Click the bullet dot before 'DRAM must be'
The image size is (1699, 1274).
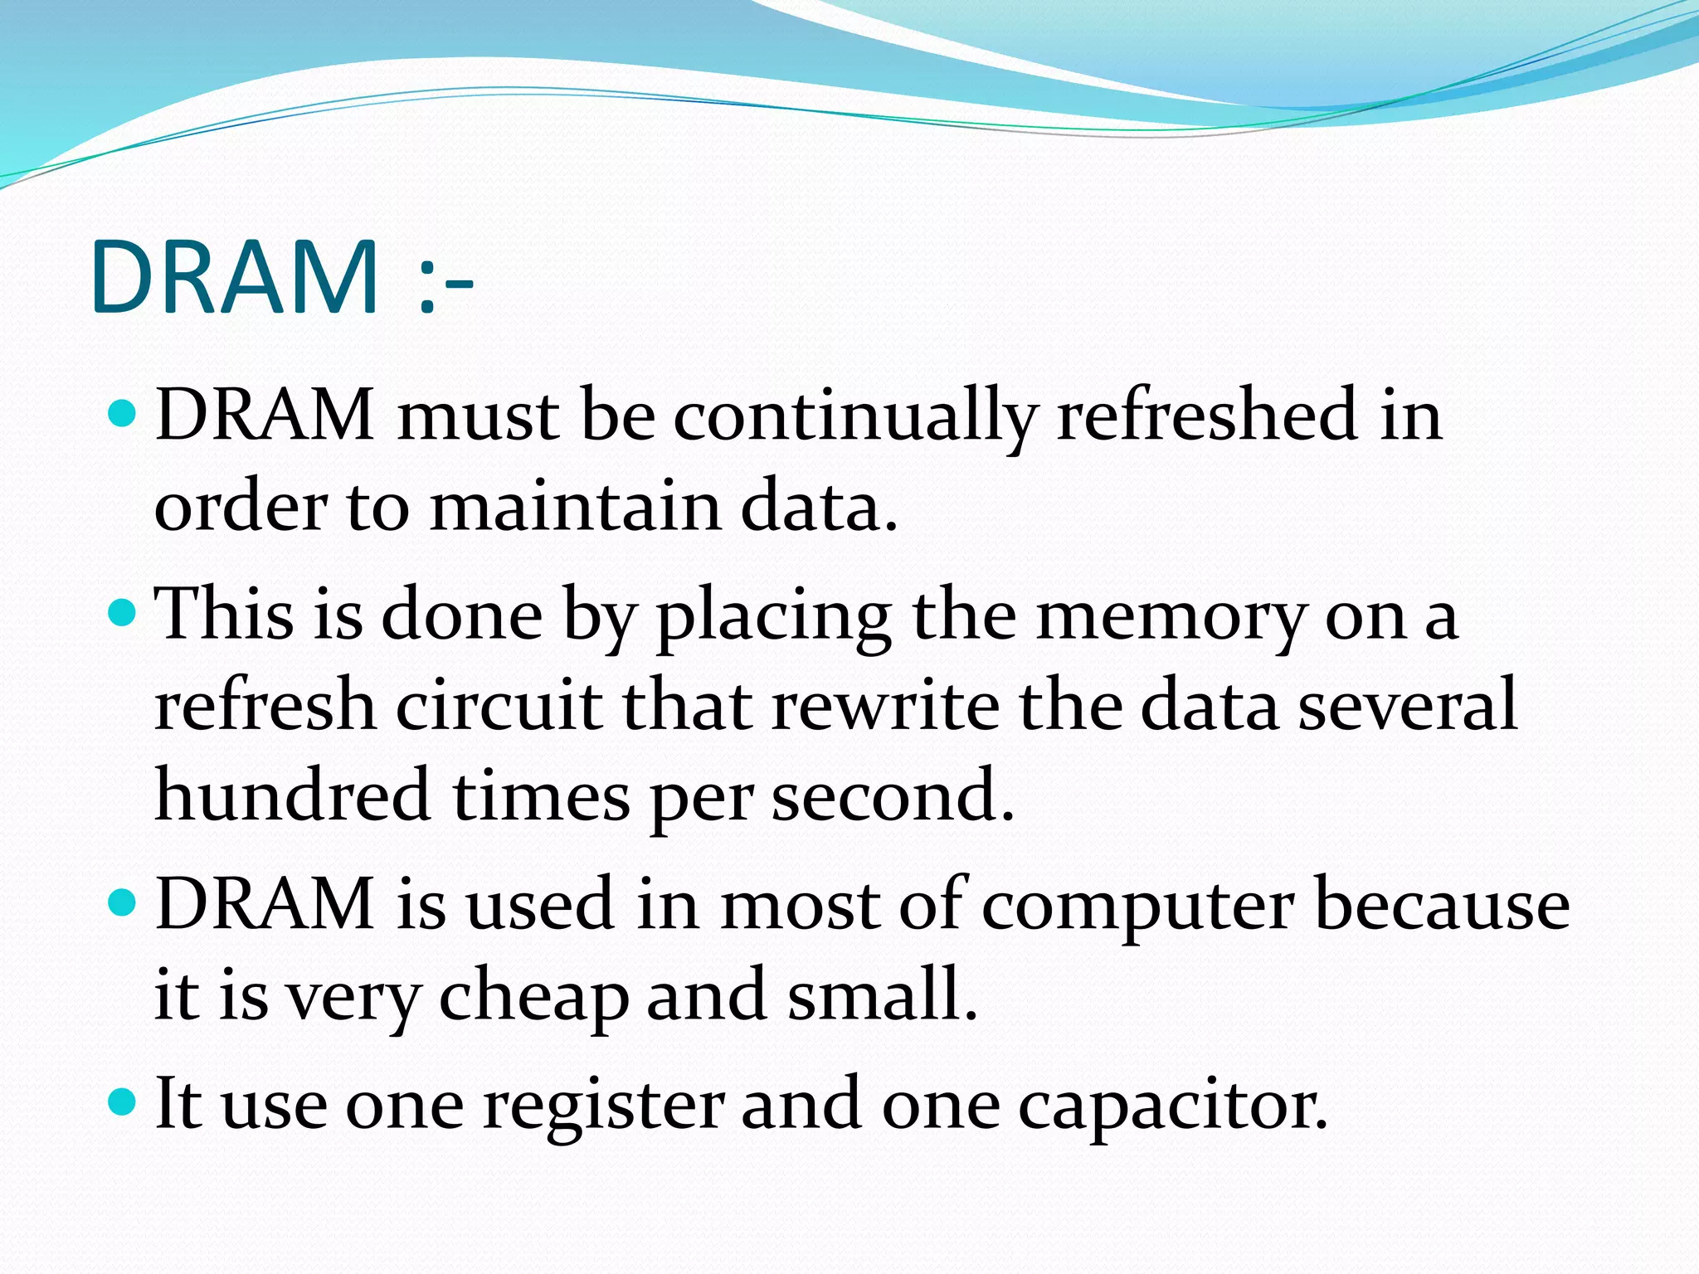(122, 412)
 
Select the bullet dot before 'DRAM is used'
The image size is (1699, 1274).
(122, 902)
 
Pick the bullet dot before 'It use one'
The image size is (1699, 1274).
(122, 1102)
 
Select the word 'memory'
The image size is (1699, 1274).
(1171, 618)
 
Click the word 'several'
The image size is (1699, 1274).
(1407, 705)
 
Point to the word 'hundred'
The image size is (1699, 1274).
(293, 795)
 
